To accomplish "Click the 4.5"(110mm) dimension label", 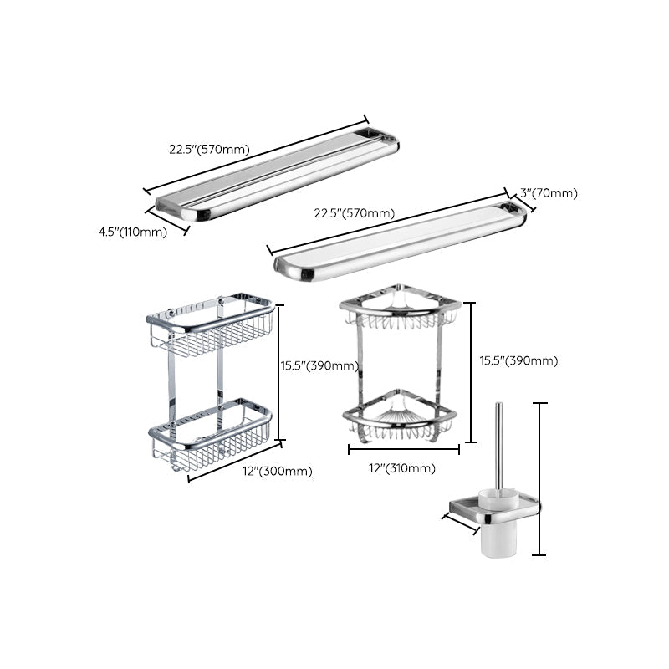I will [133, 232].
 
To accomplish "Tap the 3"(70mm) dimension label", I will [549, 193].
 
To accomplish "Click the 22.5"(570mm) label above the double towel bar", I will [209, 150].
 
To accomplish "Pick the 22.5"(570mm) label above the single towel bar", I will [354, 213].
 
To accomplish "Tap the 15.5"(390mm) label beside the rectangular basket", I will [319, 365].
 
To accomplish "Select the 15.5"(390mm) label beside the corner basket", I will [518, 360].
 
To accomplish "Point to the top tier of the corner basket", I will [399, 311].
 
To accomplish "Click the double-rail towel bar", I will [276, 171].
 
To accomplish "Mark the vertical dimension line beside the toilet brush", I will [541, 478].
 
